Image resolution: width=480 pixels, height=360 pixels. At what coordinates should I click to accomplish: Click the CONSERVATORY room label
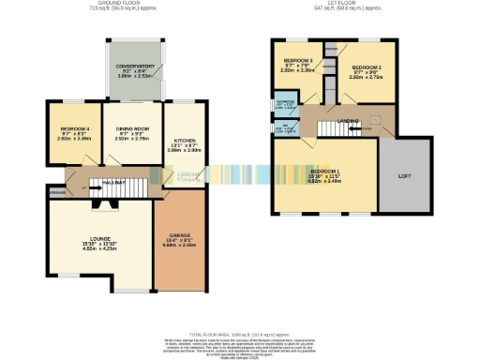click(135, 67)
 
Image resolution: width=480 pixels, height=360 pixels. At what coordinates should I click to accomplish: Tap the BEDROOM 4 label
click(75, 128)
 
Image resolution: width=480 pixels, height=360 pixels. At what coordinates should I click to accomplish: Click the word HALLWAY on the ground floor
click(114, 171)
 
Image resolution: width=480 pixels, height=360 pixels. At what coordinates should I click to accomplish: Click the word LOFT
click(405, 175)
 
